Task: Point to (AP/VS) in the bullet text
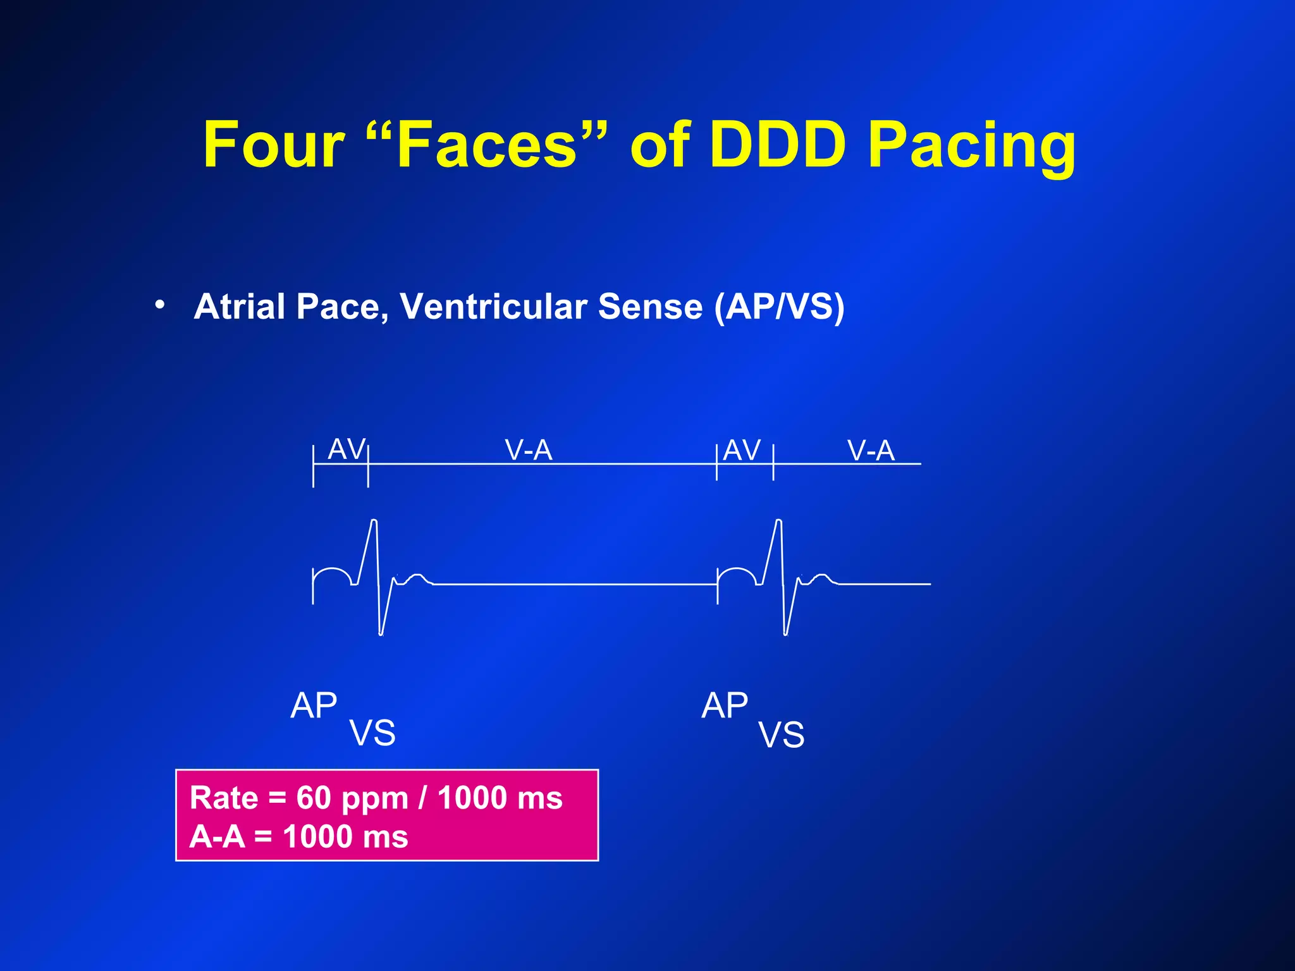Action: (x=779, y=307)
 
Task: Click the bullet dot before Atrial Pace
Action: (x=161, y=305)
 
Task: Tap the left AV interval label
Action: (x=347, y=449)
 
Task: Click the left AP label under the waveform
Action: (x=314, y=705)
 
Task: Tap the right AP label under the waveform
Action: (x=725, y=705)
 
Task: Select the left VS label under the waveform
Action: (x=372, y=733)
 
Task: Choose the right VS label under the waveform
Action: (x=782, y=735)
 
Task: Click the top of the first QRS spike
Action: (x=374, y=521)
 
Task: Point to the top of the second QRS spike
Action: (x=778, y=521)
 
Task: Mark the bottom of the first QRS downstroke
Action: (x=381, y=633)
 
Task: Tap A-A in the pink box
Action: (x=217, y=837)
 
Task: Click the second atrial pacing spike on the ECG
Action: (x=717, y=585)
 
